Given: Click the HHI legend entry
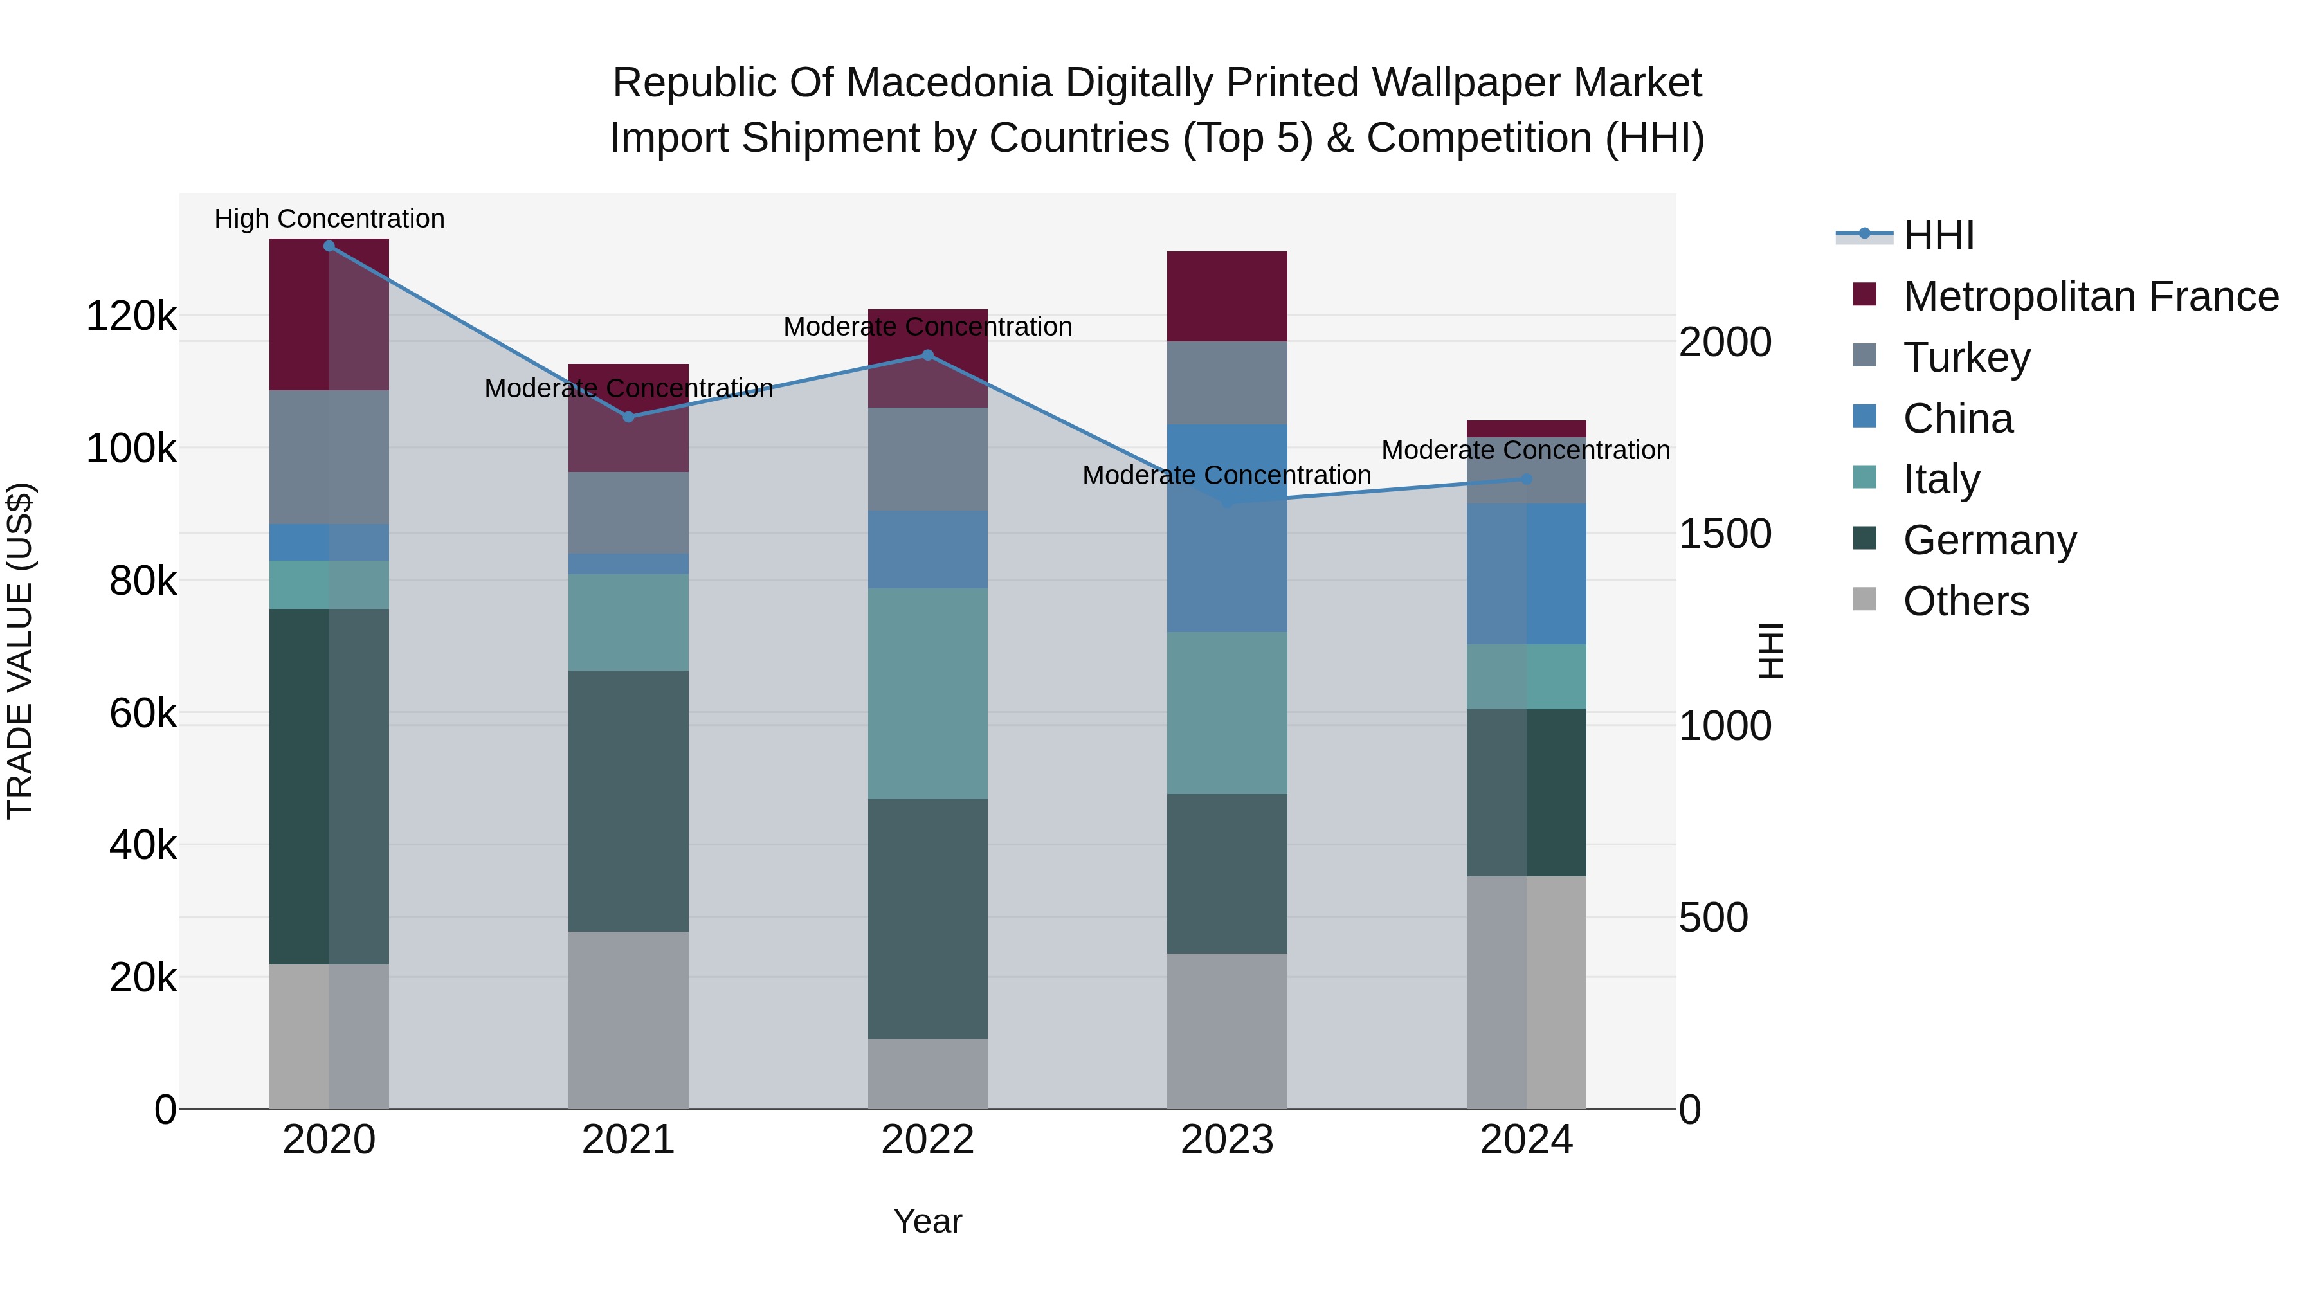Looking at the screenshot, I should [1938, 235].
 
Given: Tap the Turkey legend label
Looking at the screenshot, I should [1966, 357].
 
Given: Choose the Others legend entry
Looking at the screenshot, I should [1965, 601].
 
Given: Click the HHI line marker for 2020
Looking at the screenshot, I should [329, 246].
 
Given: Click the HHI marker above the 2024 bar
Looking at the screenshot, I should [1526, 479].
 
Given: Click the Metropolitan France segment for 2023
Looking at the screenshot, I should [1227, 296].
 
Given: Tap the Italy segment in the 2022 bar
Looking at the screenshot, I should [927, 694].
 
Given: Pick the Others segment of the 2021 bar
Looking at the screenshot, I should [628, 1020].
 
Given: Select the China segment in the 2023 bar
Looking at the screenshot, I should [1227, 529].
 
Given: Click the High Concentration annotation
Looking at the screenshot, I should [329, 219].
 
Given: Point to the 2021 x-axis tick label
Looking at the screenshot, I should [628, 1140].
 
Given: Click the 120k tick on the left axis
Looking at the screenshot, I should [131, 316].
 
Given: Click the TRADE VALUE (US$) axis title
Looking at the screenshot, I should [20, 651].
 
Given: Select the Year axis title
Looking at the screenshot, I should [927, 1221].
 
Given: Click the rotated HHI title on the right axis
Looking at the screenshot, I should [1770, 651].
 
